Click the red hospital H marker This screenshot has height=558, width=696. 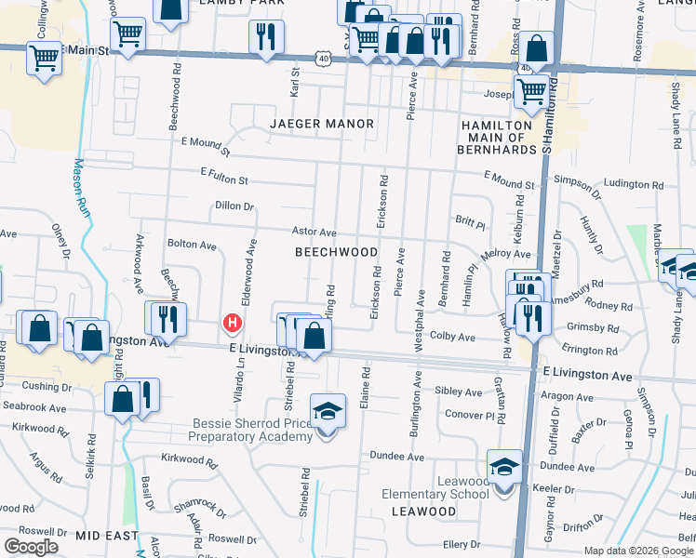click(x=233, y=324)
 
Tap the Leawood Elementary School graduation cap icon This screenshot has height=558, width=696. click(x=504, y=466)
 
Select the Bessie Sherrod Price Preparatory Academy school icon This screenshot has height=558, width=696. click(x=328, y=410)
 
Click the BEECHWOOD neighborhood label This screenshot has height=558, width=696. click(x=336, y=252)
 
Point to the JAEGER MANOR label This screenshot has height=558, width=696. click(x=322, y=124)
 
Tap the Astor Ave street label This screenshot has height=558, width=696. click(x=314, y=232)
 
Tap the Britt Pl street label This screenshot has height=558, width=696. click(x=470, y=223)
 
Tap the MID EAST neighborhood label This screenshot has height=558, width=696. click(x=107, y=537)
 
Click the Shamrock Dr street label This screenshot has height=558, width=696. click(x=201, y=508)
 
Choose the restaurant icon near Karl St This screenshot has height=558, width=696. click(x=266, y=36)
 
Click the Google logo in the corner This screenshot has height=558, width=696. click(x=31, y=547)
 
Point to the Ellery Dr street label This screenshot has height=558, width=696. click(x=461, y=544)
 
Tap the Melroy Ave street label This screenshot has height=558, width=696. click(x=505, y=254)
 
